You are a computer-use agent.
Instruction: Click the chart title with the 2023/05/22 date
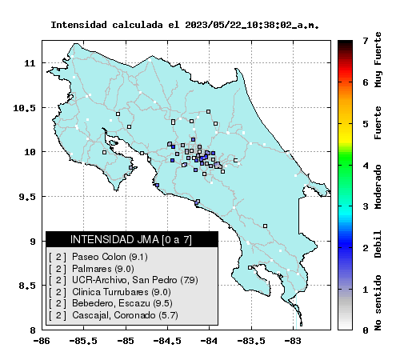click(x=185, y=25)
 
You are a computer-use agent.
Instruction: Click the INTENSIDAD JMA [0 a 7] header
click(x=131, y=239)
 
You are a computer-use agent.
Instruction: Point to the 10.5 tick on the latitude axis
click(x=24, y=108)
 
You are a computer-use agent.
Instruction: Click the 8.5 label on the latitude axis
click(x=27, y=286)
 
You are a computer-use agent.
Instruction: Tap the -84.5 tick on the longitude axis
click(x=167, y=341)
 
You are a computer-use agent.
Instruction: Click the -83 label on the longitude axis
click(x=294, y=341)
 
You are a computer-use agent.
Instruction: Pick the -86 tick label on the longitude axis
click(x=42, y=341)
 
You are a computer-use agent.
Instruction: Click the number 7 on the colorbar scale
click(x=366, y=41)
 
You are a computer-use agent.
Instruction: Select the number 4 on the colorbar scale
click(x=366, y=166)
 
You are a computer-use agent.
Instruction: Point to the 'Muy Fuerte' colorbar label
click(x=378, y=60)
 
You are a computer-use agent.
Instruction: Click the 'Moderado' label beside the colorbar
click(x=378, y=186)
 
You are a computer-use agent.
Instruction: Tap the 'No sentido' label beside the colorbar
click(x=378, y=303)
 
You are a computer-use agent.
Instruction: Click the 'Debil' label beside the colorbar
click(x=378, y=244)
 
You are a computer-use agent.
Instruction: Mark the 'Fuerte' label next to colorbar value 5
click(x=378, y=122)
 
